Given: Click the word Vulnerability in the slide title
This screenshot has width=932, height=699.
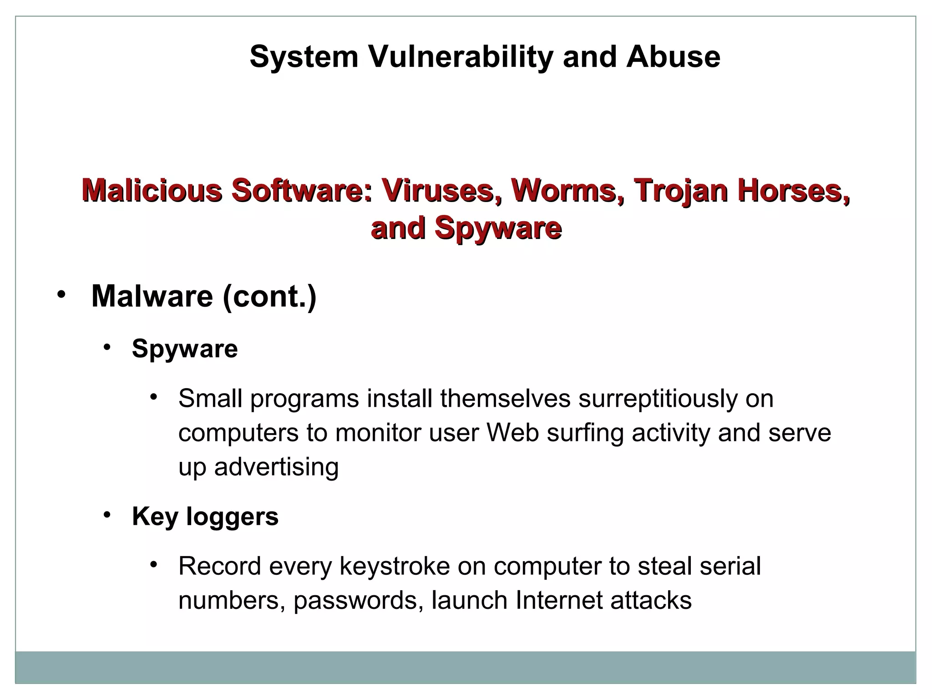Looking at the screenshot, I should coord(461,57).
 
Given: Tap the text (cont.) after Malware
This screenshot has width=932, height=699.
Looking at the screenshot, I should coord(269,297).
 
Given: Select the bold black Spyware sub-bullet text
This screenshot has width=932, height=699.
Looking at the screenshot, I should coord(185,349).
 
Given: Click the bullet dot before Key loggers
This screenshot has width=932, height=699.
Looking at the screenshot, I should coord(107,515).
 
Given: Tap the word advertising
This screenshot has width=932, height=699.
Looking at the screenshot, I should coord(276,467).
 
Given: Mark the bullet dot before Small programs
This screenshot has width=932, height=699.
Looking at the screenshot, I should coord(154,397).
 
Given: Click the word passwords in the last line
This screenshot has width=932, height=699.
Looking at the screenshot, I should coord(355,601).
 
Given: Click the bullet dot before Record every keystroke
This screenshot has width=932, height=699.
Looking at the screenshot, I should coord(154,565).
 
